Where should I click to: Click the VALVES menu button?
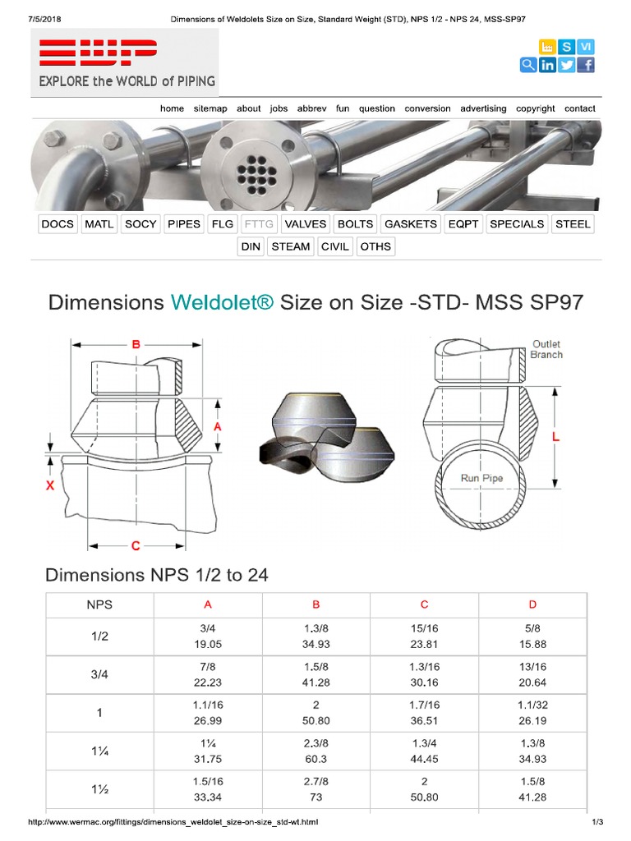[x=306, y=223]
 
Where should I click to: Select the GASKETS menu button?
[x=411, y=223]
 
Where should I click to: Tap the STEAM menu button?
[x=291, y=246]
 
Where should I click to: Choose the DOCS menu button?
[x=58, y=223]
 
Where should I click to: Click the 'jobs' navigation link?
[x=279, y=108]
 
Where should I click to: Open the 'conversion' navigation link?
[x=427, y=108]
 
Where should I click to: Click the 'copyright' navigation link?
[x=535, y=108]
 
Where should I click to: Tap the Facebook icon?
[x=586, y=66]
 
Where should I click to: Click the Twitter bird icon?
[x=566, y=66]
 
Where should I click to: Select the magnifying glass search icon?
[x=527, y=66]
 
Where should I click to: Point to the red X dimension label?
[x=49, y=486]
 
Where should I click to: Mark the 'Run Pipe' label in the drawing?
[x=481, y=478]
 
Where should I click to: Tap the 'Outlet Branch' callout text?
[x=546, y=349]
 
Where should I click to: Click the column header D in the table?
[x=532, y=604]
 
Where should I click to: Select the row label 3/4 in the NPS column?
[x=99, y=675]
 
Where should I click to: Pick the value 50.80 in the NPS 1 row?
[x=315, y=720]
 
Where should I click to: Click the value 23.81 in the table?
[x=424, y=645]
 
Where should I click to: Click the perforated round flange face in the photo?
[x=250, y=167]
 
